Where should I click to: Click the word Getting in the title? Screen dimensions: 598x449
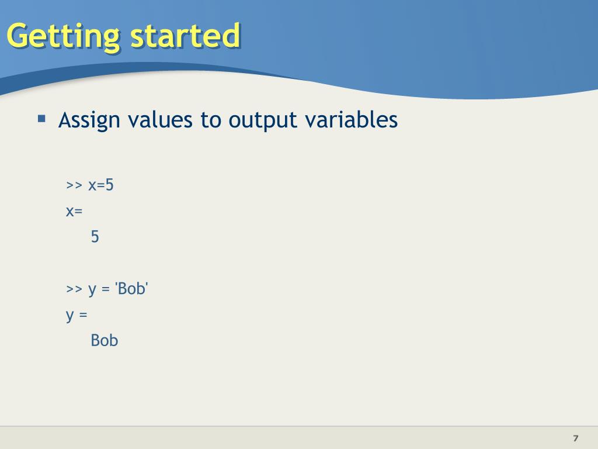click(x=63, y=37)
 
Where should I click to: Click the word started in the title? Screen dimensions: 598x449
click(x=185, y=36)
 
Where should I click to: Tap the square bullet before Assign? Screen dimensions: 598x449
click(x=41, y=119)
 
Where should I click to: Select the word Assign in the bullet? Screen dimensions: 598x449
click(x=89, y=120)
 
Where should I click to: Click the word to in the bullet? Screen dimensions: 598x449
click(x=210, y=120)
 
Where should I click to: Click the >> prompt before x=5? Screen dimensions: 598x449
click(x=74, y=185)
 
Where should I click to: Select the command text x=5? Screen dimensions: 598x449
click(x=101, y=185)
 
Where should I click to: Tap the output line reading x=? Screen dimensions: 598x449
click(x=74, y=211)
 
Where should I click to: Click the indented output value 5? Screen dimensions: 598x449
click(x=95, y=237)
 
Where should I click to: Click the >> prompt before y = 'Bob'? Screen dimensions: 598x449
click(x=74, y=289)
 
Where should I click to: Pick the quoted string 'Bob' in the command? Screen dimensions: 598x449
click(x=131, y=289)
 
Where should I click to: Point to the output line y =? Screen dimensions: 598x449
click(x=77, y=316)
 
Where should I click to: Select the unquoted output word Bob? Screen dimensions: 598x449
click(x=105, y=341)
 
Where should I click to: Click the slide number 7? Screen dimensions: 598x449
click(x=576, y=438)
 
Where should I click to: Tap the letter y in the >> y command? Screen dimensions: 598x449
click(x=92, y=290)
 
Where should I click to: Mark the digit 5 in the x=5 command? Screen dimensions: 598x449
click(x=109, y=185)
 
